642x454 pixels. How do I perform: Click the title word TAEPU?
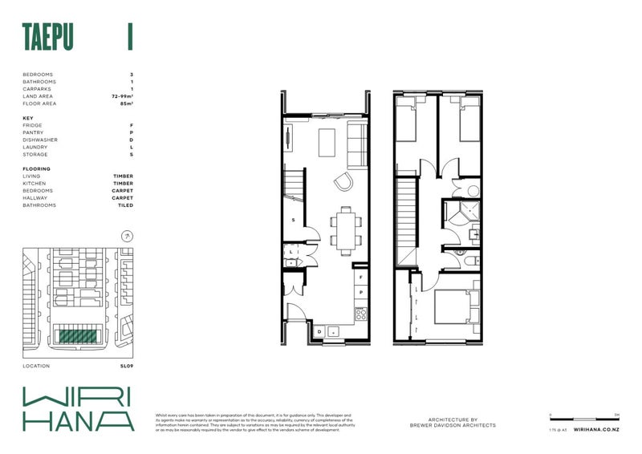pyautogui.click(x=48, y=38)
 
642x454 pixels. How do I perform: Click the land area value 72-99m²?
pyautogui.click(x=122, y=96)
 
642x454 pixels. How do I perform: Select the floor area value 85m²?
pyautogui.click(x=124, y=103)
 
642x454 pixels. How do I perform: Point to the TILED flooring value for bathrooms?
pyautogui.click(x=124, y=205)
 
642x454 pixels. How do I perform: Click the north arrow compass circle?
pyautogui.click(x=126, y=237)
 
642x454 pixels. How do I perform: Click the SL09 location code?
pyautogui.click(x=126, y=366)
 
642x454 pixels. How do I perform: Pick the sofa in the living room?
pyautogui.click(x=355, y=145)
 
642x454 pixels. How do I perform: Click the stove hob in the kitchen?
pyautogui.click(x=360, y=313)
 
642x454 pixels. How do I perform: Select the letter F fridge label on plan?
pyautogui.click(x=361, y=277)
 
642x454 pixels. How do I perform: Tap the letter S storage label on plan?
pyautogui.click(x=293, y=220)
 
